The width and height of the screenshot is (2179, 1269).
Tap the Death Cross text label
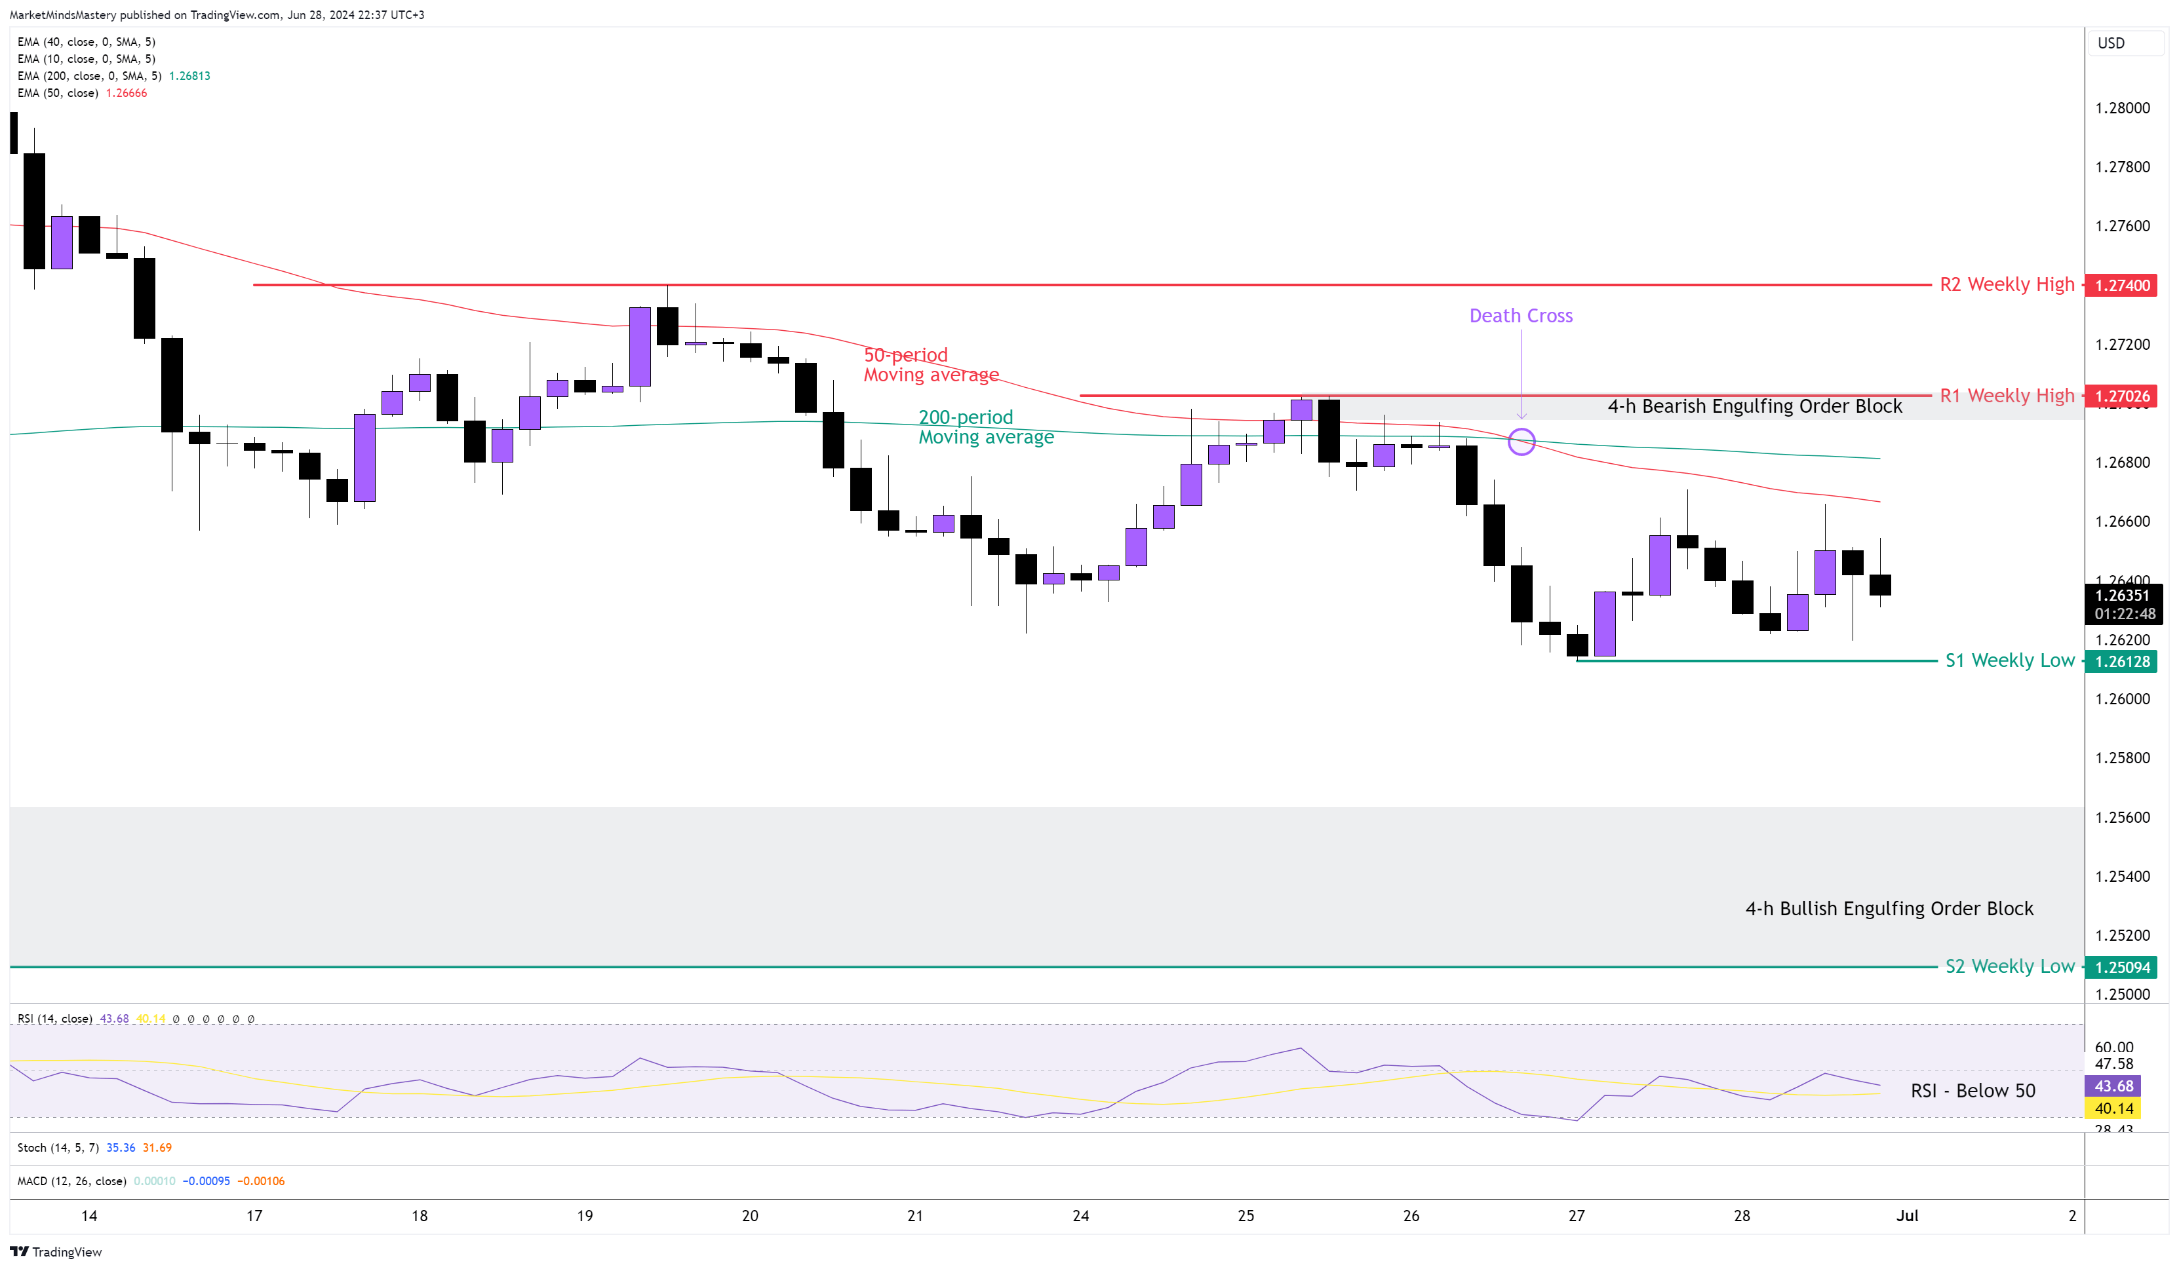tap(1520, 316)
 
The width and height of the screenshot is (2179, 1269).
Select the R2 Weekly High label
tap(2006, 284)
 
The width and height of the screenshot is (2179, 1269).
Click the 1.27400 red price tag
tap(2122, 285)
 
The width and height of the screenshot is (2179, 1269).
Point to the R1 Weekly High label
tap(2006, 395)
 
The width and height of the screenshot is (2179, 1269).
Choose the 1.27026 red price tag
tap(2122, 396)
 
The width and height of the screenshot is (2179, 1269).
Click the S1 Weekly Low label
tap(2009, 660)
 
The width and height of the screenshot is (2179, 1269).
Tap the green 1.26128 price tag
tap(2122, 661)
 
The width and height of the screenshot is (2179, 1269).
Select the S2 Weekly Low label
tap(2009, 966)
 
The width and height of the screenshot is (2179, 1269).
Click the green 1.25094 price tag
tap(2122, 968)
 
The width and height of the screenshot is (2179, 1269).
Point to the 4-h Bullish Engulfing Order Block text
tap(1889, 909)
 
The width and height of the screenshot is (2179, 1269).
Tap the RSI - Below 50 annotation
tap(1973, 1091)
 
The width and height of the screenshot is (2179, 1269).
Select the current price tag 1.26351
tap(2122, 596)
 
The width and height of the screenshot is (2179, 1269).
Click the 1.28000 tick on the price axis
tap(2122, 108)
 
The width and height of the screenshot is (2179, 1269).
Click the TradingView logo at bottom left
tap(56, 1252)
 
